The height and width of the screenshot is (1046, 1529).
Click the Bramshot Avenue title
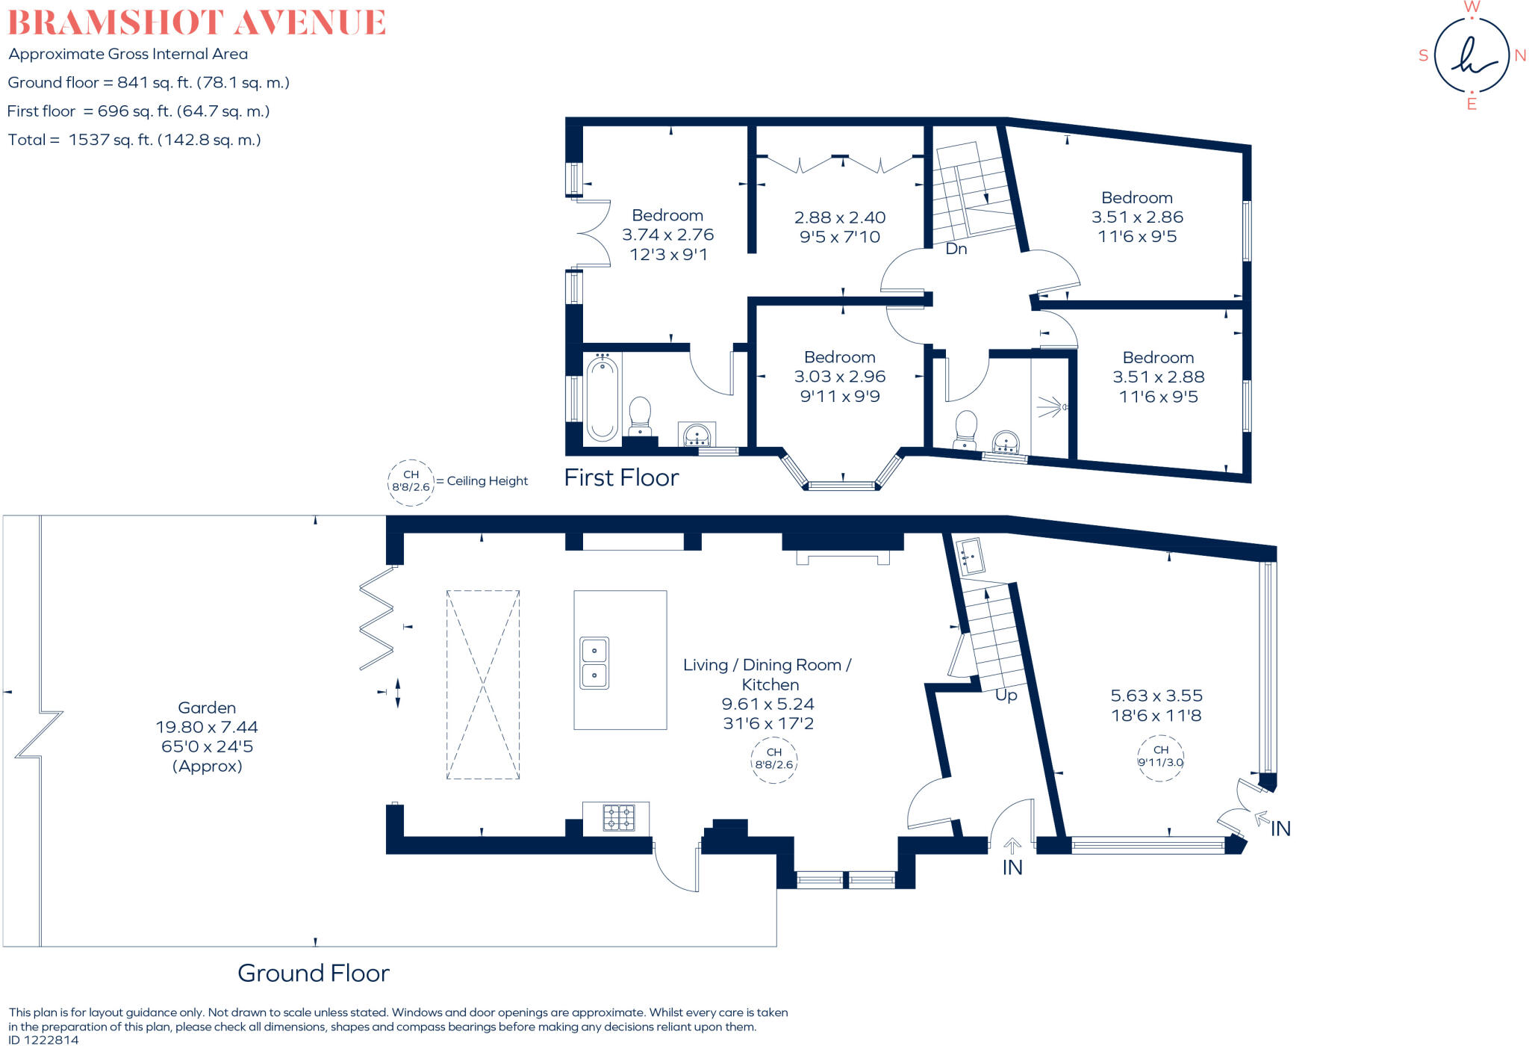[x=196, y=22]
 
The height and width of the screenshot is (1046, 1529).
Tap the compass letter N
[x=1520, y=56]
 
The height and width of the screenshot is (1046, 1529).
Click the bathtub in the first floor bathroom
[x=602, y=398]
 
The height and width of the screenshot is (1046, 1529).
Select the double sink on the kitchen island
[x=594, y=663]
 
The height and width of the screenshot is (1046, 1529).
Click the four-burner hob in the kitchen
[x=618, y=817]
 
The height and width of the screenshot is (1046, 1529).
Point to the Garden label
[x=207, y=708]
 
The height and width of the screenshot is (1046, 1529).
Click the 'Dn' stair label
[x=956, y=249]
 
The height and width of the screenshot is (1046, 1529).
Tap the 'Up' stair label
[x=1006, y=695]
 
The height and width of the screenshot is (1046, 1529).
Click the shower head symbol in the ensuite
[x=1053, y=406]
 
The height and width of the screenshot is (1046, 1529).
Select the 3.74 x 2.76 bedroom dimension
[x=668, y=235]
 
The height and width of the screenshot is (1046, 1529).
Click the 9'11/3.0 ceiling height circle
[x=1160, y=758]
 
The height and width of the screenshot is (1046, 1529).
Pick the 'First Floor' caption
[x=621, y=477]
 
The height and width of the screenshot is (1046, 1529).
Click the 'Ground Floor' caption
[x=314, y=973]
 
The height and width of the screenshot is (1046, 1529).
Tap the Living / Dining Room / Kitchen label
[x=767, y=674]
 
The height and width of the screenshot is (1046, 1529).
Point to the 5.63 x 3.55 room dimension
[x=1156, y=696]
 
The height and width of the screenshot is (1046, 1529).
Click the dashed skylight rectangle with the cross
[x=483, y=684]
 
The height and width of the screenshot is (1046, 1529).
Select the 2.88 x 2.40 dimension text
[x=840, y=217]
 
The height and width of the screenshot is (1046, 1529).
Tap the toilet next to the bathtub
[x=640, y=415]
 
